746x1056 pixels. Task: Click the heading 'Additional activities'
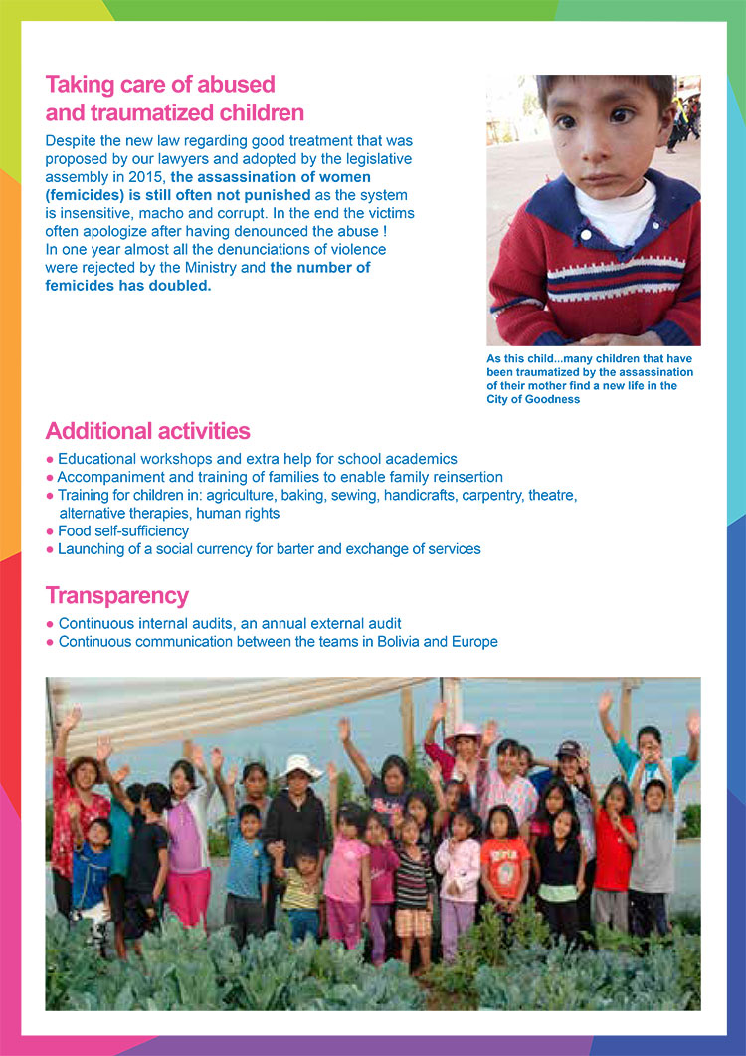(147, 431)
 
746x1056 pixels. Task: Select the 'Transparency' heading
(116, 595)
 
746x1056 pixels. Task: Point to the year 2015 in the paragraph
(144, 176)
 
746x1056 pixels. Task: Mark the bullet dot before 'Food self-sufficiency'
(50, 531)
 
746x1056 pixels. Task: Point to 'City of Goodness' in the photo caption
(533, 399)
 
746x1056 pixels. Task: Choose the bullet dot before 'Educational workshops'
(50, 459)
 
